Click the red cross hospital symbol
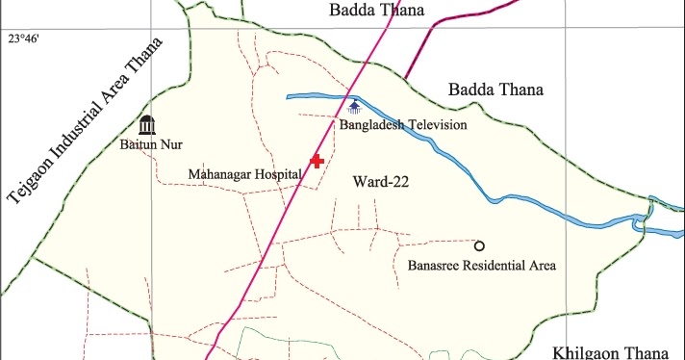[x=317, y=161]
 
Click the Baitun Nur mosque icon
[x=146, y=125]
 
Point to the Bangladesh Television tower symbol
[x=355, y=106]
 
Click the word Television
[x=435, y=125]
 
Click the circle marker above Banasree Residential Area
[x=479, y=245]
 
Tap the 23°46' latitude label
[x=25, y=40]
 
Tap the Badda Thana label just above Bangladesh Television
[x=495, y=90]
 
